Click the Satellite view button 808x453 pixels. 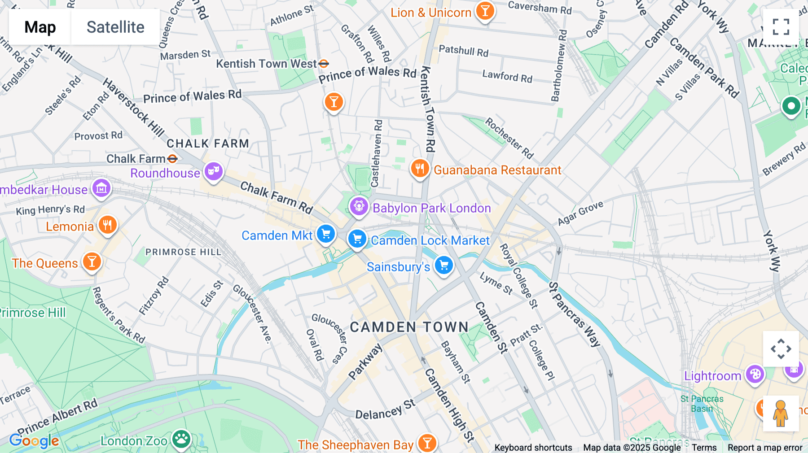[115, 27]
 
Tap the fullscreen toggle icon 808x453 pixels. [781, 27]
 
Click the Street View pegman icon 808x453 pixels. [781, 413]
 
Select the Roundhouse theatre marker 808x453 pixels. [214, 171]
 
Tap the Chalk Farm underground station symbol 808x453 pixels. [172, 159]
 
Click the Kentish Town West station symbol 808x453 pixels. [324, 64]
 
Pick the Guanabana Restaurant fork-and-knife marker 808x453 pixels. [420, 169]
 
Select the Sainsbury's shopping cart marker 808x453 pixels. [444, 265]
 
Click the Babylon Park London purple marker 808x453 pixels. [359, 206]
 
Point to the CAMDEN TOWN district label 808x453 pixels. [409, 327]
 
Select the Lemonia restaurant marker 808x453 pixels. [107, 225]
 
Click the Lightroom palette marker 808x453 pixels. [755, 374]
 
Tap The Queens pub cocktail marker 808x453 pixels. [92, 261]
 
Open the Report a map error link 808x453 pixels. [765, 448]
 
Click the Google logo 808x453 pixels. [34, 441]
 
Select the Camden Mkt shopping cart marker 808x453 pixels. [325, 234]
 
